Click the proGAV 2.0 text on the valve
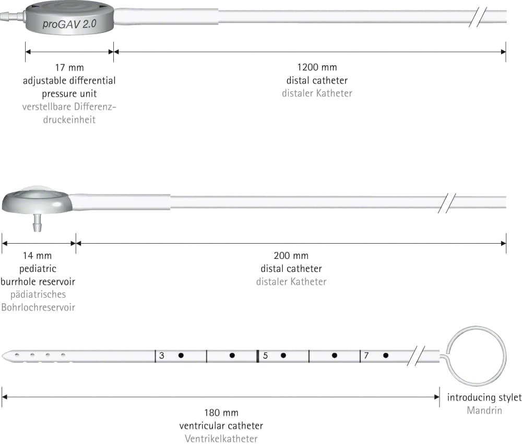tap(69, 24)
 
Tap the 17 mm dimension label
tap(69, 67)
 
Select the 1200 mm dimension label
tap(317, 67)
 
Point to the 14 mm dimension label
tap(37, 256)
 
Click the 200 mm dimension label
tap(291, 256)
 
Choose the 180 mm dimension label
tap(221, 413)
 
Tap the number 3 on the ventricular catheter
tap(161, 356)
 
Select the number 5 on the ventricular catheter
tap(265, 356)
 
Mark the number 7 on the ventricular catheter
tap(366, 356)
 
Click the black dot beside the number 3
tap(181, 355)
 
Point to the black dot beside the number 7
tap(386, 355)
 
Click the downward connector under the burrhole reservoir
tap(37, 223)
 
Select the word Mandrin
tap(484, 410)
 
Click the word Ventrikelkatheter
tap(221, 439)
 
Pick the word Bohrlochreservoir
tap(38, 307)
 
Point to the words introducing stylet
tap(484, 397)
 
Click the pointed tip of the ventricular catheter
tap(2, 356)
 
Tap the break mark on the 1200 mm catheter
tap(478, 17)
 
